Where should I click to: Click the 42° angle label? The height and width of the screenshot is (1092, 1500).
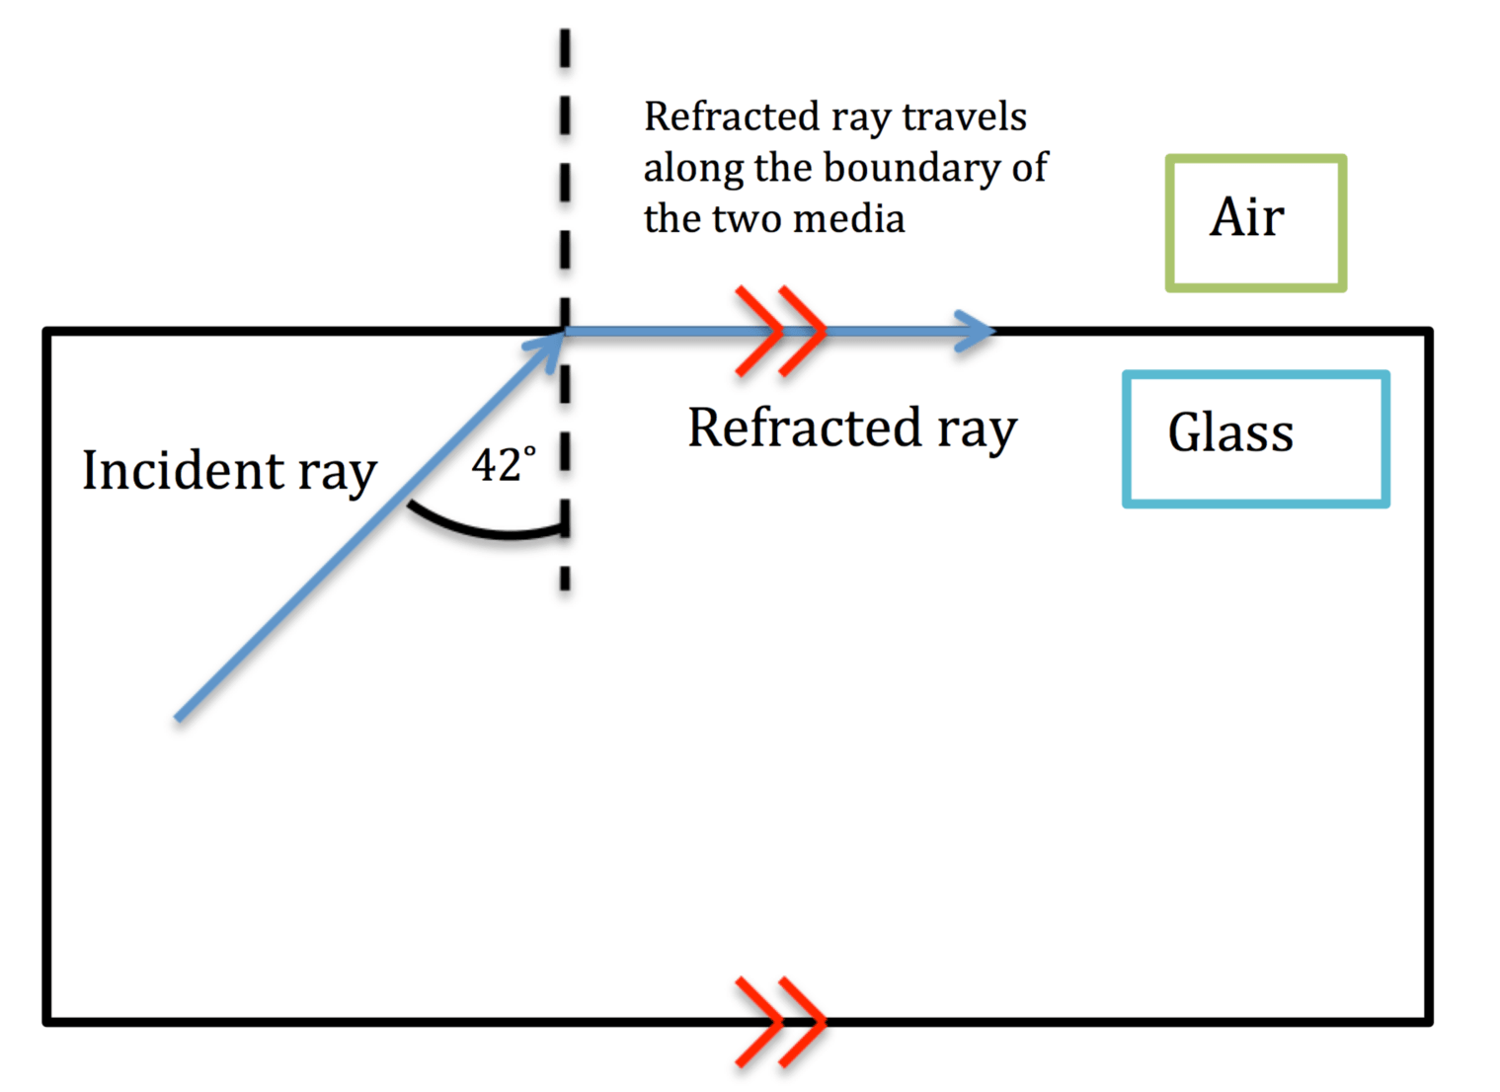coord(503,465)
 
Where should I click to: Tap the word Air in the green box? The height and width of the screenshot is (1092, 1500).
coord(1246,217)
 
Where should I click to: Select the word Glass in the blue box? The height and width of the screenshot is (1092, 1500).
coord(1230,432)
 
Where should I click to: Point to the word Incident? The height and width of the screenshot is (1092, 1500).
coord(183,470)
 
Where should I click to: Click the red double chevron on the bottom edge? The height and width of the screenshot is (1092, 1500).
coord(780,1022)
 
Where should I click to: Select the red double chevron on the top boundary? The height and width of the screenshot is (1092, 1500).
coord(780,331)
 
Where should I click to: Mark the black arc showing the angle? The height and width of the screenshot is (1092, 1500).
coord(484,529)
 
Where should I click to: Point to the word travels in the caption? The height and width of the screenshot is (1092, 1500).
coord(964,117)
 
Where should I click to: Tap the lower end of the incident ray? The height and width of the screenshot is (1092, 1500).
coord(179,717)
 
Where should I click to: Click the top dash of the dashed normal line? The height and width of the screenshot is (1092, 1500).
coord(565,48)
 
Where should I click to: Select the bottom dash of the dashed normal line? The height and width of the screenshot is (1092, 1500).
coord(565,578)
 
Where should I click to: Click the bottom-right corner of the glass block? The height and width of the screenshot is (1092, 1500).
coord(1428,1021)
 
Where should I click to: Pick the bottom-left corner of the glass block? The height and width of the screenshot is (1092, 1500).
coord(47,1021)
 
